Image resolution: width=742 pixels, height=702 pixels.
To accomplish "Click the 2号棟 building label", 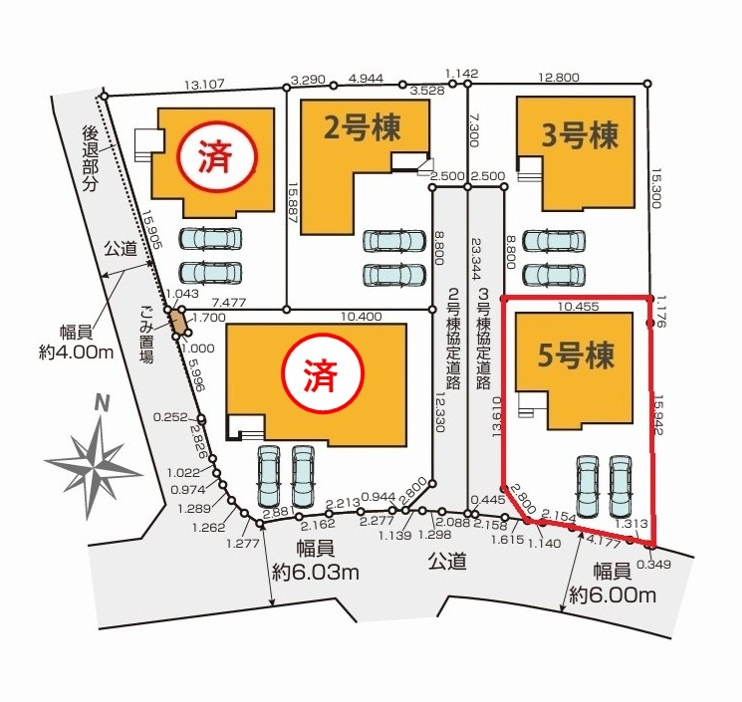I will click(x=362, y=128).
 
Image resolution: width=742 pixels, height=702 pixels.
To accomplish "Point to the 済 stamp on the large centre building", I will click(x=321, y=377).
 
